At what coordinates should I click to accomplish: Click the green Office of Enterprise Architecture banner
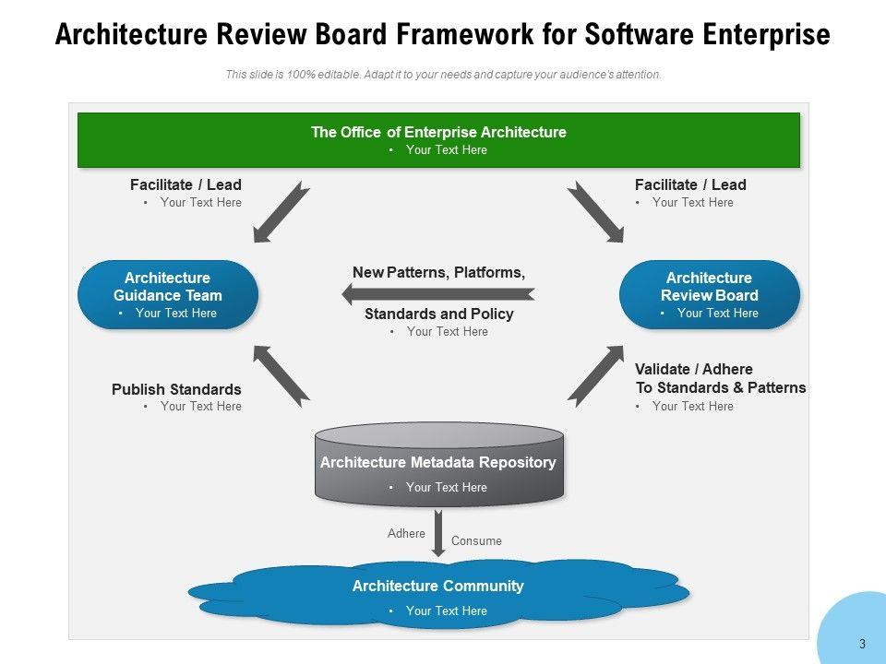438,140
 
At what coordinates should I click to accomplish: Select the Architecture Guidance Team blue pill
168,294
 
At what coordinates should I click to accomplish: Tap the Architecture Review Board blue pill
710,294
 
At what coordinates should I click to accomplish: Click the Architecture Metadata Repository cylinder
439,464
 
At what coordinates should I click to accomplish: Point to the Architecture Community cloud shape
438,594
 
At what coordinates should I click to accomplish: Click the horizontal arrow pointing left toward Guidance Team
438,293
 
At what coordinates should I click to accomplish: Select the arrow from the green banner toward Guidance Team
281,212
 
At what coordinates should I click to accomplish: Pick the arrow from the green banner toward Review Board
595,212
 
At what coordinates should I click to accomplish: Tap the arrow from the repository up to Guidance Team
281,376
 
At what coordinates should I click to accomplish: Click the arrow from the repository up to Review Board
595,376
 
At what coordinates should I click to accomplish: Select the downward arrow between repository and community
437,533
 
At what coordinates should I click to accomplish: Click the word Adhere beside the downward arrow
406,534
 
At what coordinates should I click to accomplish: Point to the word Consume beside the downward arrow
476,541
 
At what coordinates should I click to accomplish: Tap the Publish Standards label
176,389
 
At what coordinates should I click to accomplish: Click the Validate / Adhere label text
721,378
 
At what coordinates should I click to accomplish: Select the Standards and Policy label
439,314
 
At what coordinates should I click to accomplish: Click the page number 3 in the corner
862,644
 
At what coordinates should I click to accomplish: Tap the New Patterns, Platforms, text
439,273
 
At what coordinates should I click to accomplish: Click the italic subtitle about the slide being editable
443,75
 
